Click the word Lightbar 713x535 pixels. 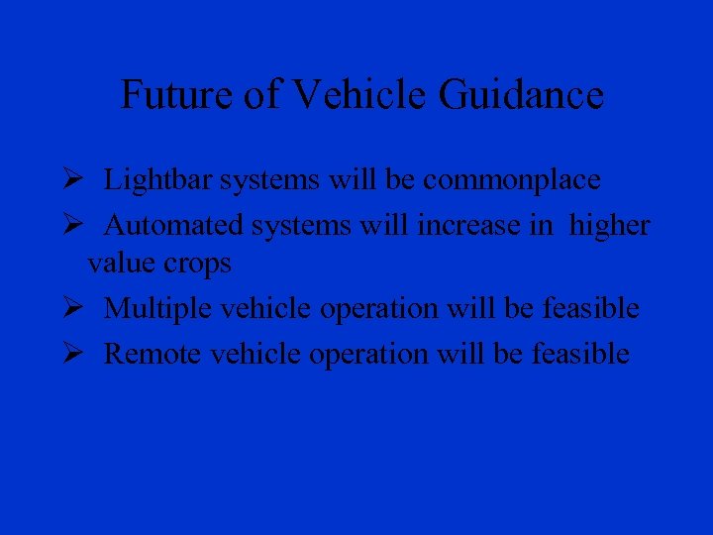coord(158,180)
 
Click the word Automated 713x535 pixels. coord(173,226)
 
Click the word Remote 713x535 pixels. coord(151,354)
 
